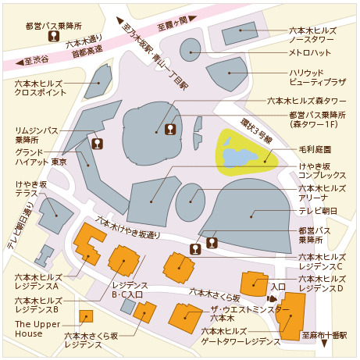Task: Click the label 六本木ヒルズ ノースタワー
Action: [315, 35]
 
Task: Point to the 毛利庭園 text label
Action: [315, 148]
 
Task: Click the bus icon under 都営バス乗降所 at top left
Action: [55, 36]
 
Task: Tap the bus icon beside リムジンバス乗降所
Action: [98, 143]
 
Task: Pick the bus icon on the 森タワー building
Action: [170, 129]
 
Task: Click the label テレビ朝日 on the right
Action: [319, 211]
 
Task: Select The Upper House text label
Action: [34, 329]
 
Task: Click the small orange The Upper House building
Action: [85, 316]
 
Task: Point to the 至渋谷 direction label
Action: [35, 59]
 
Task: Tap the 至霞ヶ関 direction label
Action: [171, 21]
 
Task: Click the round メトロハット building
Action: [191, 50]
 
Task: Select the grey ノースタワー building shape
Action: [239, 34]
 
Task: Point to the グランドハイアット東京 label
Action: [36, 156]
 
